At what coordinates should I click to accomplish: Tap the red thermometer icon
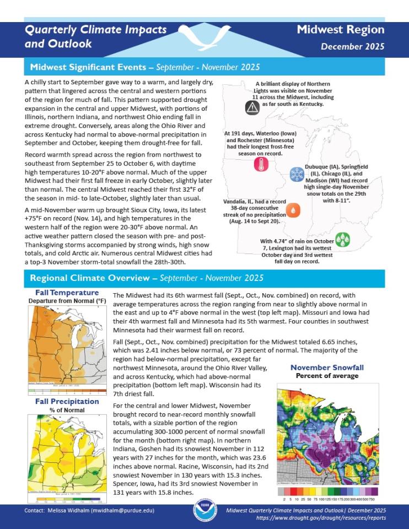click(261, 164)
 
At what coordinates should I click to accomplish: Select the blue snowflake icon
click(297, 175)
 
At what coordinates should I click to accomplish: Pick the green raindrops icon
click(343, 239)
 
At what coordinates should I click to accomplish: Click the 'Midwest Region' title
click(340, 30)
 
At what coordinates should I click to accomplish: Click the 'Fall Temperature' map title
click(67, 293)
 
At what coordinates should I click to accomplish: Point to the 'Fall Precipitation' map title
click(67, 401)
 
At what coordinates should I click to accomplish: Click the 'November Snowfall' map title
click(327, 368)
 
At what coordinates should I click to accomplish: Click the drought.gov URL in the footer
click(321, 518)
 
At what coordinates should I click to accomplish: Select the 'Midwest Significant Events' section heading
click(90, 68)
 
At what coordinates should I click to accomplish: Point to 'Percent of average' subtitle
click(327, 376)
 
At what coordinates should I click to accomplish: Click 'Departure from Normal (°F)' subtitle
click(67, 301)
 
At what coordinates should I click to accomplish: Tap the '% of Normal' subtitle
click(67, 410)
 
